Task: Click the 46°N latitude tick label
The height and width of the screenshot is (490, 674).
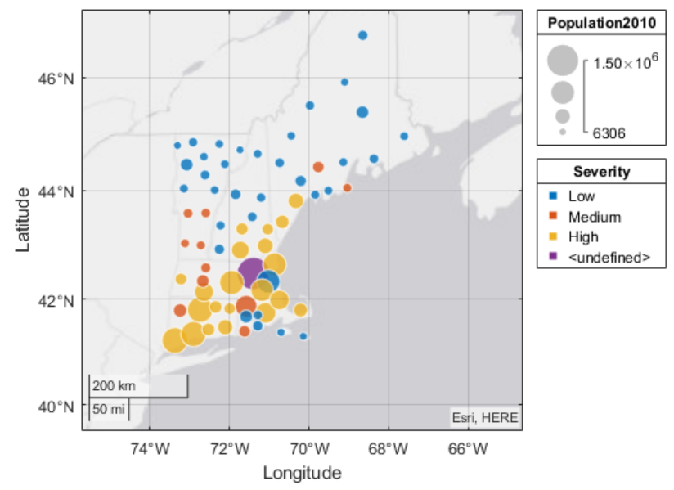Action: (59, 79)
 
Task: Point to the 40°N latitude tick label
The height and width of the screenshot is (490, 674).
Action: (59, 407)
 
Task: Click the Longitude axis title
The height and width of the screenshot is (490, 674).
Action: (302, 473)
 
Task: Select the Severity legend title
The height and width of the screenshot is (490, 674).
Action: (601, 172)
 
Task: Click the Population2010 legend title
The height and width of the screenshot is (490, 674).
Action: (601, 23)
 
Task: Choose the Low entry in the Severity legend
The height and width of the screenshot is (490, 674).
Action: (582, 196)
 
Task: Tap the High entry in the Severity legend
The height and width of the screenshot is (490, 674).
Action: (583, 237)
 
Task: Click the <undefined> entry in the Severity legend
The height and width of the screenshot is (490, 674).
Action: (609, 258)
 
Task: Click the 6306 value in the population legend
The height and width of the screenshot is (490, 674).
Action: (609, 133)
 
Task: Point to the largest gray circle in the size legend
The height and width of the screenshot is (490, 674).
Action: (563, 60)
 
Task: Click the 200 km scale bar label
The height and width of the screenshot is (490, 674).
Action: (114, 385)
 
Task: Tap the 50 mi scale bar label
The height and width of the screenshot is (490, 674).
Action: (109, 408)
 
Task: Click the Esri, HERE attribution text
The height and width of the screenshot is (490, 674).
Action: (485, 418)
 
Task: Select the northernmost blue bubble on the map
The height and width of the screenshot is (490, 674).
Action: (362, 35)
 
